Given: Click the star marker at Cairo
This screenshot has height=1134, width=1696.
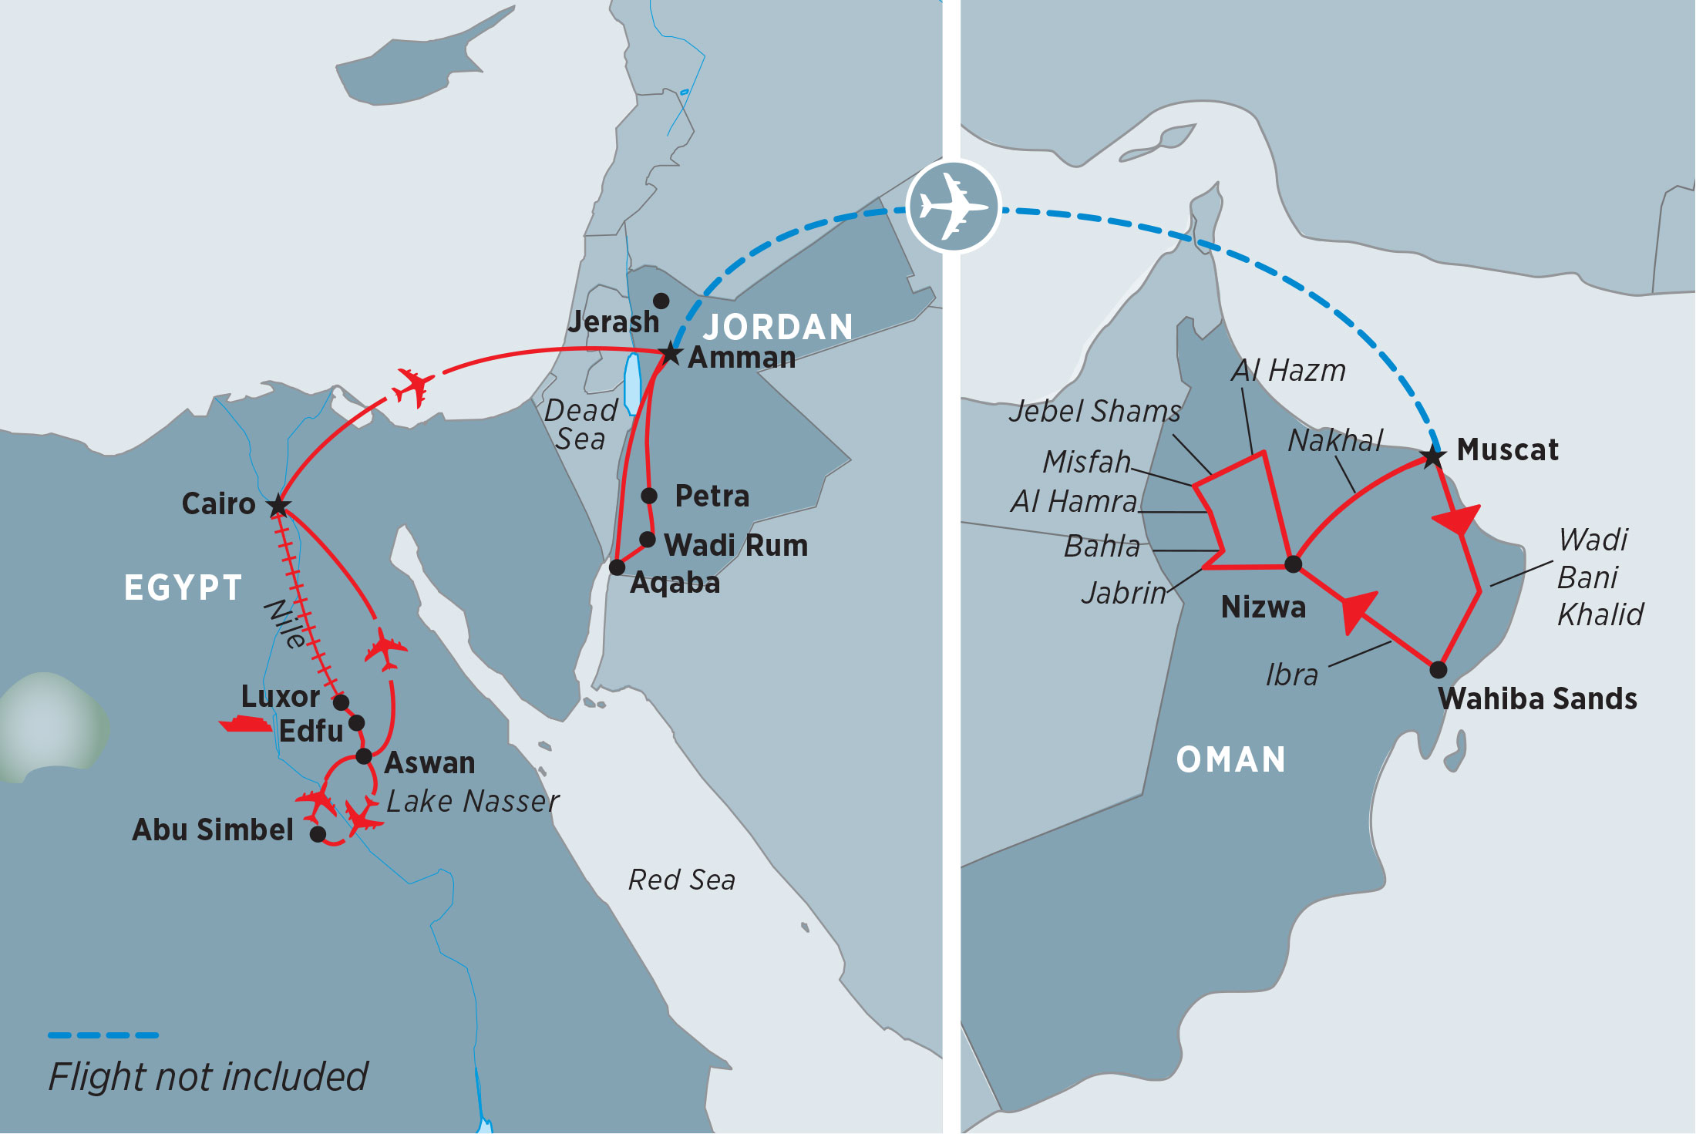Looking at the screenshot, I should [278, 506].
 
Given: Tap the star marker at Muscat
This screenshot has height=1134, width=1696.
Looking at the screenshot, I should [1433, 456].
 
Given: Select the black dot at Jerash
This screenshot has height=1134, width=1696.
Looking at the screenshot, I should [661, 301].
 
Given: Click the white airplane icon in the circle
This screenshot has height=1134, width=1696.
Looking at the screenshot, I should [954, 207].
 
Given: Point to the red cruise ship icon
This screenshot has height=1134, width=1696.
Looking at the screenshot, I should [245, 724].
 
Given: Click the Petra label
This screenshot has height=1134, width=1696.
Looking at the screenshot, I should [712, 496].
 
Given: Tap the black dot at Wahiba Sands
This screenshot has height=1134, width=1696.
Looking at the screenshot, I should [1438, 669].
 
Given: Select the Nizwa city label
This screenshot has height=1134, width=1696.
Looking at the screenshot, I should [1264, 607].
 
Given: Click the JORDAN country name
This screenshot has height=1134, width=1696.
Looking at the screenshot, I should [778, 327].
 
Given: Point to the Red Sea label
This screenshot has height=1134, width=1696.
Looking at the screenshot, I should [681, 880].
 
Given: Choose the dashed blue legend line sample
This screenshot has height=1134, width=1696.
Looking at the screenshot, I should [103, 1035].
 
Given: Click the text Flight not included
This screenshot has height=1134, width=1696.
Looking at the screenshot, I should [208, 1076].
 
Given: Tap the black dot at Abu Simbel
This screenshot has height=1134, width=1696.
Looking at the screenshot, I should [318, 834].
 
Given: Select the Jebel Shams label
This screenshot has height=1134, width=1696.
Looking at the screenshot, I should [1094, 411].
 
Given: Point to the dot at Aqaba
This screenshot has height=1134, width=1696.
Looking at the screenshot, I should [617, 567].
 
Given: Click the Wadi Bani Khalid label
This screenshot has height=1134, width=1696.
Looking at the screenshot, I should [1599, 577].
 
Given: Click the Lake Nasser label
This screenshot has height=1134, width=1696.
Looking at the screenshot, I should [473, 802].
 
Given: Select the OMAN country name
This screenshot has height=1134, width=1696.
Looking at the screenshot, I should [1230, 759].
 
